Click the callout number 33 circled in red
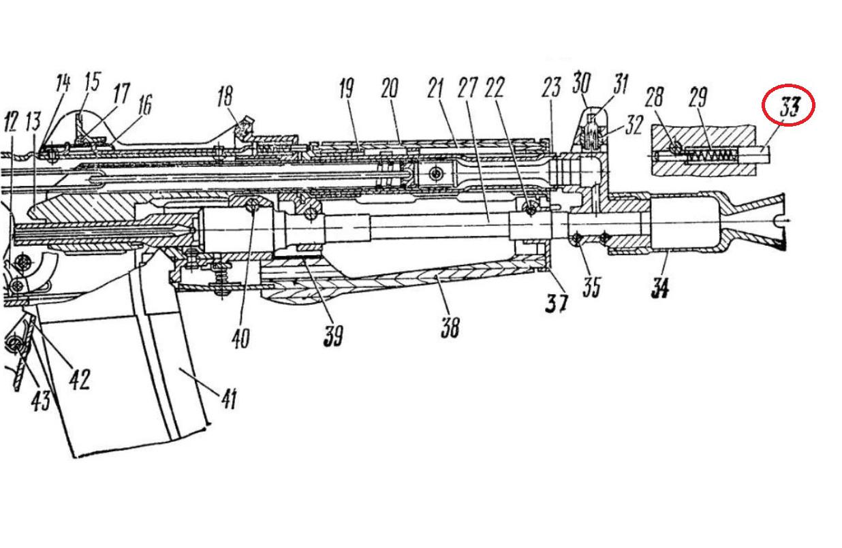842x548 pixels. pyautogui.click(x=788, y=106)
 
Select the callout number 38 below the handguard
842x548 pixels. pyautogui.click(x=450, y=327)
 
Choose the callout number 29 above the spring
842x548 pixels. pyautogui.click(x=698, y=97)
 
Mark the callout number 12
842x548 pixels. pyautogui.click(x=11, y=124)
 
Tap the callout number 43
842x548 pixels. pyautogui.click(x=40, y=400)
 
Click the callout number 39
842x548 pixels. pyautogui.click(x=333, y=336)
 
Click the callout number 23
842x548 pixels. pyautogui.click(x=551, y=88)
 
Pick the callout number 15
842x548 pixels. pyautogui.click(x=91, y=82)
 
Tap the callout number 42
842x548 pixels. pyautogui.click(x=79, y=378)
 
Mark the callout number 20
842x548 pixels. pyautogui.click(x=389, y=88)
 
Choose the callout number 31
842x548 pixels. pyautogui.click(x=621, y=84)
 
